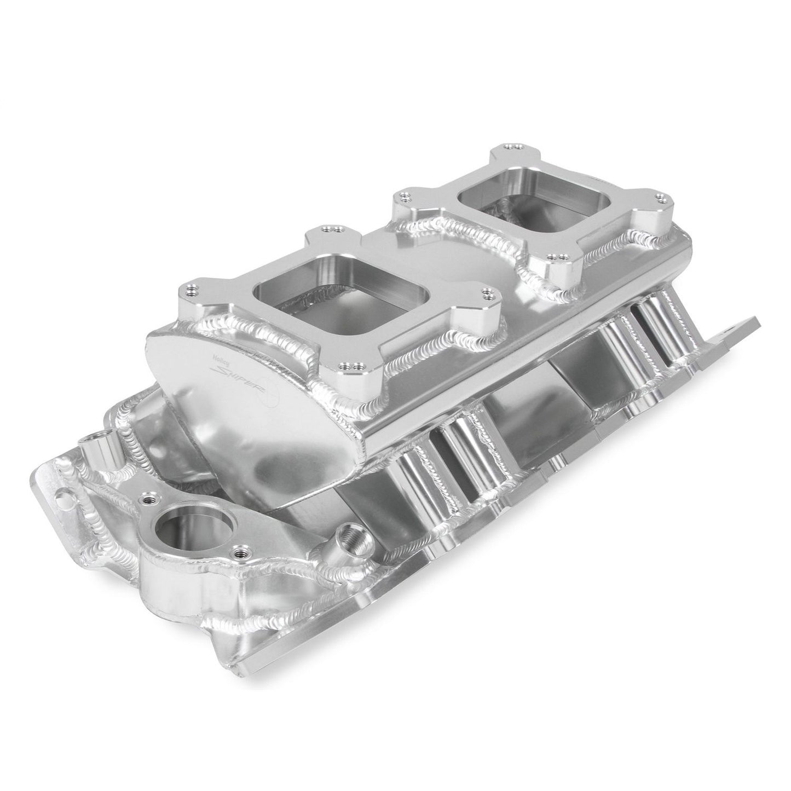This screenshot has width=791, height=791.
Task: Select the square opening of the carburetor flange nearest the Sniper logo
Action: (309, 285)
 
